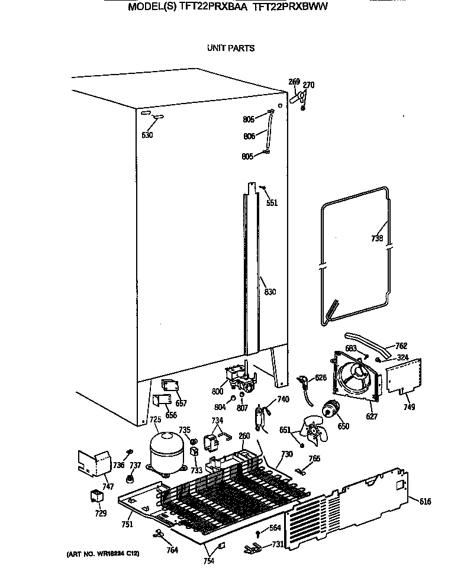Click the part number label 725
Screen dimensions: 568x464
[154, 420]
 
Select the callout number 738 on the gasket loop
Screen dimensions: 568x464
[377, 239]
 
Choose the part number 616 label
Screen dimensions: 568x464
[425, 502]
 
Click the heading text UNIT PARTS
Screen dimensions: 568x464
[231, 48]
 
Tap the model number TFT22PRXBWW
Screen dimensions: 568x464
[290, 8]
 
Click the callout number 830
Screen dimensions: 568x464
[270, 292]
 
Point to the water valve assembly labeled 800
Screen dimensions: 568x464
[240, 377]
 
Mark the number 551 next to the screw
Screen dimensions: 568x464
[271, 203]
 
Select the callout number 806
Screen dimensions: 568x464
[249, 136]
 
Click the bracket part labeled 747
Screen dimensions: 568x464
[94, 463]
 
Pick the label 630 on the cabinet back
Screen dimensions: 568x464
[147, 135]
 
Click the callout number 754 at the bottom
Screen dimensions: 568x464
[210, 560]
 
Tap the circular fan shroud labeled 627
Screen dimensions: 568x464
[354, 379]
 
